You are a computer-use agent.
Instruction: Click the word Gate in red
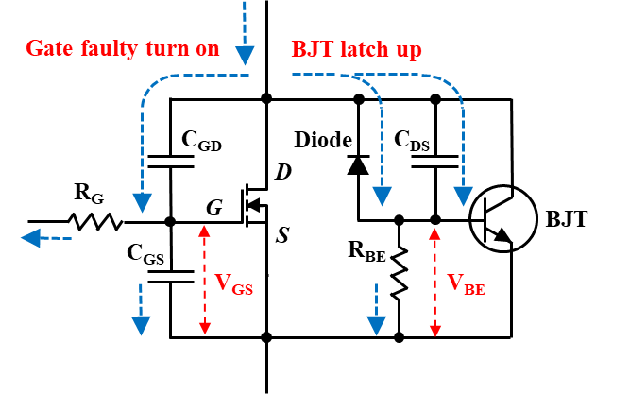pyautogui.click(x=46, y=48)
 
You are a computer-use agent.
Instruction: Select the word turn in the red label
pyautogui.click(x=162, y=48)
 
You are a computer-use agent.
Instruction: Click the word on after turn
pyautogui.click(x=206, y=49)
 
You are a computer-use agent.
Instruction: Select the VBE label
pyautogui.click(x=466, y=283)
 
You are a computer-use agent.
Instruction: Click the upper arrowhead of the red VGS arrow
pyautogui.click(x=204, y=231)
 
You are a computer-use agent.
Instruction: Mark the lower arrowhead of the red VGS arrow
pyautogui.click(x=204, y=328)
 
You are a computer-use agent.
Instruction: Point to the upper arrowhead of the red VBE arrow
pyautogui.click(x=434, y=232)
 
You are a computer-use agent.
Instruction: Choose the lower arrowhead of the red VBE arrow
pyautogui.click(x=434, y=330)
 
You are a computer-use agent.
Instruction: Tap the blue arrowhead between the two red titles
pyautogui.click(x=245, y=55)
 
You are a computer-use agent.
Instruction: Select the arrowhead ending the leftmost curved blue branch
pyautogui.click(x=142, y=202)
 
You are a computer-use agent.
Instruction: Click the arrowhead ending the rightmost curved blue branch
pyautogui.click(x=463, y=196)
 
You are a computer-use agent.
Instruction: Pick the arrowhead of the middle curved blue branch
pyautogui.click(x=382, y=196)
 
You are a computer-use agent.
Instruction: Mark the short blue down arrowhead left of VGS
pyautogui.click(x=141, y=325)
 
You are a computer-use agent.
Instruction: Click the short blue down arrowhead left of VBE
pyautogui.click(x=376, y=325)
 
